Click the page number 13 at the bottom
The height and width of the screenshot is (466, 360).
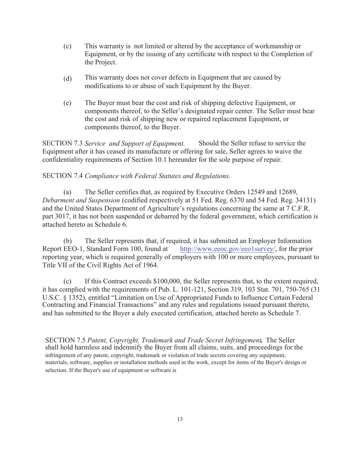click(x=180, y=419)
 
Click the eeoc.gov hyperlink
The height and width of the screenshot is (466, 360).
click(x=228, y=249)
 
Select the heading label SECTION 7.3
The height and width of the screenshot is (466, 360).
click(x=63, y=143)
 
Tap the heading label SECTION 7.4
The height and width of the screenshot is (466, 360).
click(x=63, y=176)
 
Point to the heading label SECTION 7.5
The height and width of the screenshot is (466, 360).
click(x=66, y=340)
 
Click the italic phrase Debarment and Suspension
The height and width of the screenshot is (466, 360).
click(x=81, y=200)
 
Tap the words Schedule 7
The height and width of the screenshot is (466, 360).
click(x=284, y=313)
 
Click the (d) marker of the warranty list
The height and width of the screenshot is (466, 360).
click(x=67, y=79)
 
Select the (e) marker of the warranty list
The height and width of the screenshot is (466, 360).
click(x=67, y=103)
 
